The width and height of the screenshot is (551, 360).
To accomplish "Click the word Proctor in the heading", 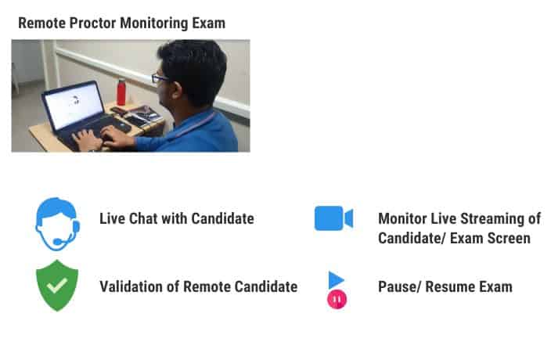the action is point(92,23).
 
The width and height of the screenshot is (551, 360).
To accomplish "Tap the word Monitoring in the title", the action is point(154,24).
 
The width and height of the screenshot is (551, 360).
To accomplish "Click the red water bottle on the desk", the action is point(121,92).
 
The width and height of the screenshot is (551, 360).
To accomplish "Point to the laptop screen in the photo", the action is point(74,105).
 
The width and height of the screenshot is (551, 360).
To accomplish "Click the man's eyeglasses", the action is point(159,78).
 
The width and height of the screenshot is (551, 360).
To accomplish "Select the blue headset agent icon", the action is point(58,224).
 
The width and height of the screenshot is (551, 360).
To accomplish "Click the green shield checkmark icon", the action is point(57,286).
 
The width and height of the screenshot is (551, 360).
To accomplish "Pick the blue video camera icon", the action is point(333,218).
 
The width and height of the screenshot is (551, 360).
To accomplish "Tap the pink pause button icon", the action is point(337,300).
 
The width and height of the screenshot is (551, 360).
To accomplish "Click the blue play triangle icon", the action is point(335,280).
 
